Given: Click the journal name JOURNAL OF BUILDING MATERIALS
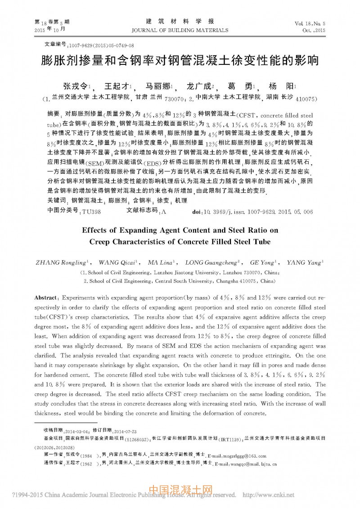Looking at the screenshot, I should coord(180,31).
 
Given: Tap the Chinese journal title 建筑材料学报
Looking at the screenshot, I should coord(180,22).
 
